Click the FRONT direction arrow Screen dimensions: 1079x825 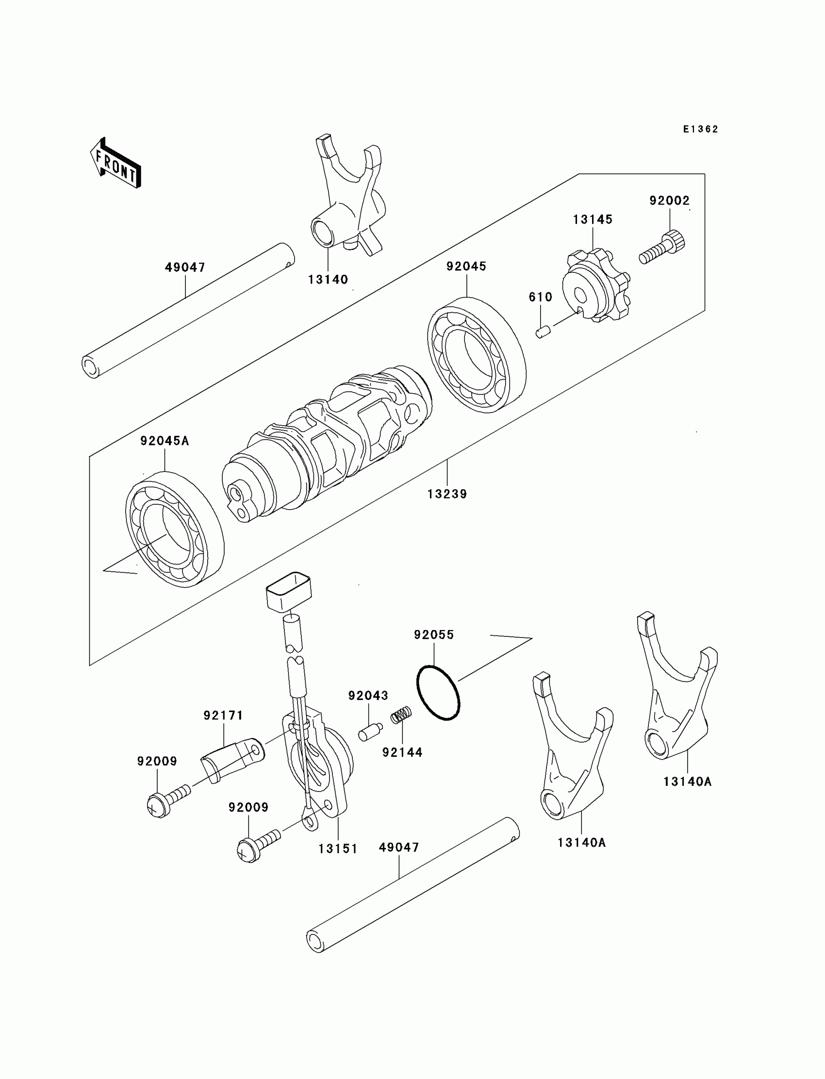coord(116,164)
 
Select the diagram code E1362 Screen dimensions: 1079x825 coord(701,129)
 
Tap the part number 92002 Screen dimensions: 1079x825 coord(669,200)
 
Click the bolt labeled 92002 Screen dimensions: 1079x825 coord(663,249)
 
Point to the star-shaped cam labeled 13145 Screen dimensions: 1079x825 coord(595,286)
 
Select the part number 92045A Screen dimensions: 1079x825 coord(165,441)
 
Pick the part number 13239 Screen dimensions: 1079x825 coord(447,494)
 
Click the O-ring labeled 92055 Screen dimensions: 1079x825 coord(438,693)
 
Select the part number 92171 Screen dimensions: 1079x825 coord(223,715)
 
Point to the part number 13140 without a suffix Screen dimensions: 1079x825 coord(328,280)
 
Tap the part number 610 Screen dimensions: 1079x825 coord(540,297)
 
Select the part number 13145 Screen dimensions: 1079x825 coord(593,219)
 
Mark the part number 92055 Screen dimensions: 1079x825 coord(434,635)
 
